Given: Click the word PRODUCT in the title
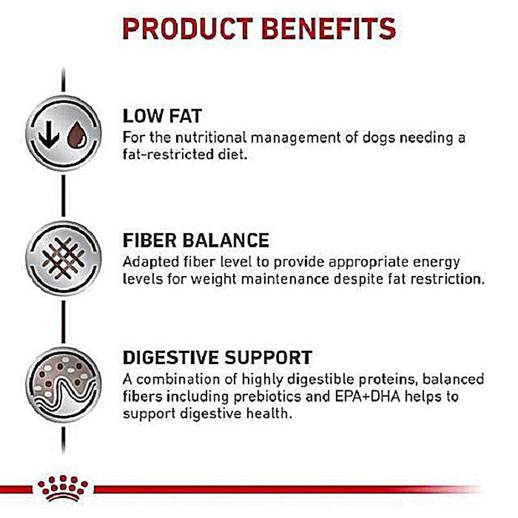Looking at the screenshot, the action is (188, 28).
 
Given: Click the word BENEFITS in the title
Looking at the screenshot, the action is (329, 28).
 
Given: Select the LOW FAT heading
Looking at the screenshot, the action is (163, 116).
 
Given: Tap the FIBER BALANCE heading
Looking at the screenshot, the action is (196, 240).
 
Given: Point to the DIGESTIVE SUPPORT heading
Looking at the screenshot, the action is (218, 357).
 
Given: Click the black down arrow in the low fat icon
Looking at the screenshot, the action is (49, 135).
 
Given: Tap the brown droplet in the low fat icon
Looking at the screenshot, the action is (77, 135).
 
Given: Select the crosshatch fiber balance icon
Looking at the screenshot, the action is (63, 258).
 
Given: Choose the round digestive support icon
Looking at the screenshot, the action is (63, 385).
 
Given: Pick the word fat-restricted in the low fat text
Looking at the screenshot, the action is (167, 154).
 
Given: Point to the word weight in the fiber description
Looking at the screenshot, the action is (214, 280).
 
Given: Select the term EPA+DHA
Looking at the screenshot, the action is (367, 396).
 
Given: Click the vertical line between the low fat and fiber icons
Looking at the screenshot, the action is (63, 196).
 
